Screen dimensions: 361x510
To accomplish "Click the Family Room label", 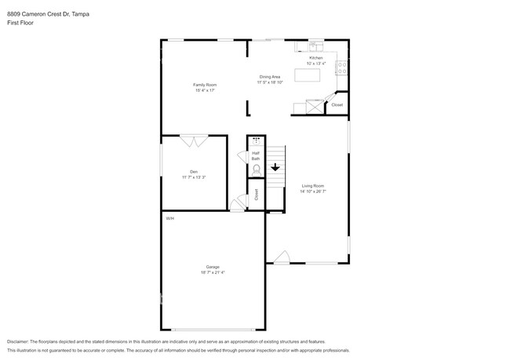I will [x=205, y=84].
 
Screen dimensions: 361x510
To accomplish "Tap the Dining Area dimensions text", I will [x=270, y=82].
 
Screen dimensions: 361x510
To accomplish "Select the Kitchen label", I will [x=315, y=58].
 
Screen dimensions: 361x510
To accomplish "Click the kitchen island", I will [x=308, y=75].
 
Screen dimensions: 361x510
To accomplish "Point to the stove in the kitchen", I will [x=341, y=67].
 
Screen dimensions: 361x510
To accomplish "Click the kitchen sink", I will [x=315, y=46].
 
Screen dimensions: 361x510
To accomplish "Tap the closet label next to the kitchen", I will [x=337, y=104].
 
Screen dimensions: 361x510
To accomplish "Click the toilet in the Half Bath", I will [x=256, y=169].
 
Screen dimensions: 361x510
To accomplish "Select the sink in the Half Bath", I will [x=256, y=140].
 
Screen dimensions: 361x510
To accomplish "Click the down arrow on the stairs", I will [x=275, y=166].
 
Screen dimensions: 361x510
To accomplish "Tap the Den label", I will [x=193, y=172].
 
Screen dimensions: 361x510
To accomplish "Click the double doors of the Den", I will [x=194, y=141].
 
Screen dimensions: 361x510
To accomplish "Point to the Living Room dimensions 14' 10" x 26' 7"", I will [x=313, y=191].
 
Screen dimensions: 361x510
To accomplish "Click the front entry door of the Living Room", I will [x=282, y=257].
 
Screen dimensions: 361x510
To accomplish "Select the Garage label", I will [x=213, y=267].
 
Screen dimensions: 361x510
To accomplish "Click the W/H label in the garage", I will [x=169, y=218].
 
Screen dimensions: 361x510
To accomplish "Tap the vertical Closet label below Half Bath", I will [x=256, y=194].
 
